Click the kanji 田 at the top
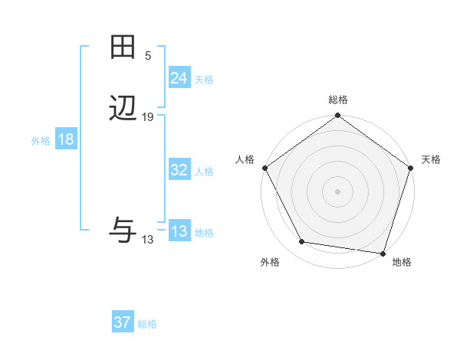point(123,47)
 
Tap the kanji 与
point(123,230)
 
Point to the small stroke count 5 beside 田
point(148,55)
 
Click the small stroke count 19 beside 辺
point(148,117)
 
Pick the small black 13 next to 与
point(148,240)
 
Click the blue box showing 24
point(179,78)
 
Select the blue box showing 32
point(179,171)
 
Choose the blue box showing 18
point(66,140)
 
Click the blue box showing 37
point(122,323)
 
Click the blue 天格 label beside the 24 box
point(204,80)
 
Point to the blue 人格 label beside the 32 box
point(204,172)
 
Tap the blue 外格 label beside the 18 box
point(41,142)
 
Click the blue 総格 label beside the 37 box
point(147,325)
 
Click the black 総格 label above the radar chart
point(337,100)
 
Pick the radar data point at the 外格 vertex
point(302,242)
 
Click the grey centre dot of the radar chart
point(337,191)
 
